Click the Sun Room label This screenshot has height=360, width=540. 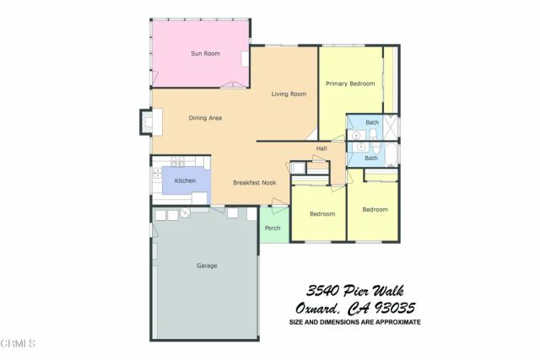205,54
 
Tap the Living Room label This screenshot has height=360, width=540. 289,94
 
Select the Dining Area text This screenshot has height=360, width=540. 205,118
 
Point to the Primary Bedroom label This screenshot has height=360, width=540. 350,83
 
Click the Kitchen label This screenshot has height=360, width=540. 185,181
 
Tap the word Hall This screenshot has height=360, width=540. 321,149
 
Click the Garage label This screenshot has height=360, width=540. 207,266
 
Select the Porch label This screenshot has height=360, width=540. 273,228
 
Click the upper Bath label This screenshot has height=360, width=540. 372,123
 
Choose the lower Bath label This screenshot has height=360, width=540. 371,158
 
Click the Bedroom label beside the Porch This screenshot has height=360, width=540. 322,214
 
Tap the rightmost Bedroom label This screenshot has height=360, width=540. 375,209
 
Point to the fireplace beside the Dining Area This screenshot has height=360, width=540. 147,125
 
